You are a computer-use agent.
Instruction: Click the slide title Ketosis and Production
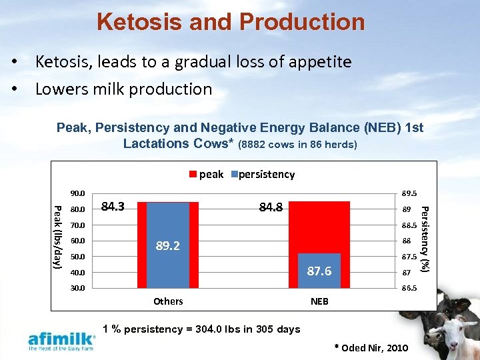tap(231, 22)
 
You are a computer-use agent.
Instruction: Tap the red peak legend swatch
tap(193, 175)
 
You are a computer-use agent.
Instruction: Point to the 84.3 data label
tap(115, 207)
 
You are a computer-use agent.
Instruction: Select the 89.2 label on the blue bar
tap(168, 245)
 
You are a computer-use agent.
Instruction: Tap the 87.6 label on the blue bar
tap(319, 271)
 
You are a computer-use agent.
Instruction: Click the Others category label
tap(168, 301)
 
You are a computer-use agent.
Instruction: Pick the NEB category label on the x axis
tap(319, 301)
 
